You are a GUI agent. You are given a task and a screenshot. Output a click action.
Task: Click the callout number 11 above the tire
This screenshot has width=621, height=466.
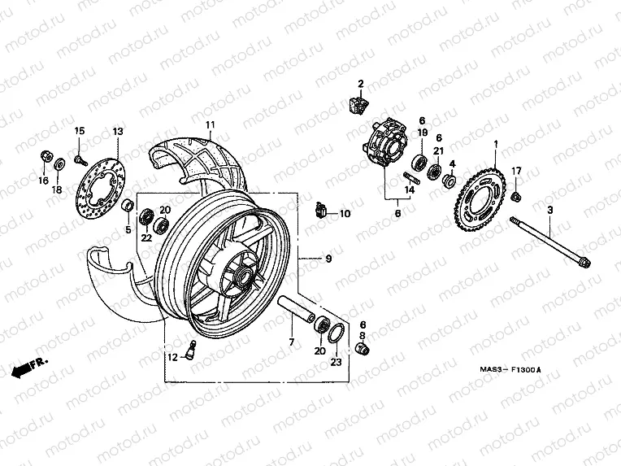point(209,125)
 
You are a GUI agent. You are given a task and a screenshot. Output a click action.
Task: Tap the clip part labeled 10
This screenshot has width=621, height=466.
point(322,211)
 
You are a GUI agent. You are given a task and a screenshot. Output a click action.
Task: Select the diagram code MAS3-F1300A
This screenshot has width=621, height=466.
point(510,371)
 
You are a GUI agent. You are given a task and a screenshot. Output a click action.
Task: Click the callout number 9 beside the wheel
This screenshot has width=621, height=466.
point(328,259)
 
